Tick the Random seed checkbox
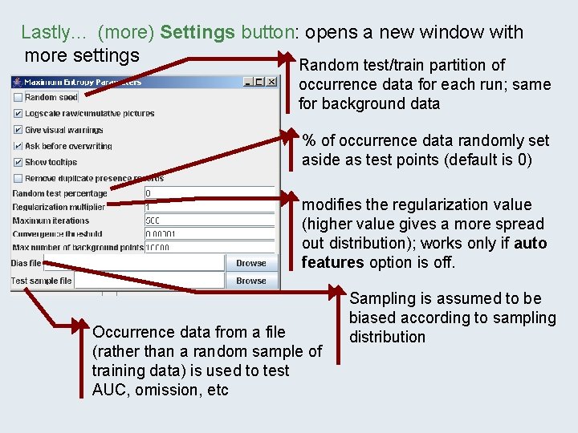point(18,98)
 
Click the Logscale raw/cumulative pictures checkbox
point(18,114)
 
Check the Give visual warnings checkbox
point(18,130)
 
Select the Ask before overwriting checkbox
point(18,146)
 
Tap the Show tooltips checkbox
point(18,162)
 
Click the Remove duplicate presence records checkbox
point(18,178)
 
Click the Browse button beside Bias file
point(250,263)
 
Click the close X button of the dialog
point(271,82)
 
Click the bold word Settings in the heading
point(197,33)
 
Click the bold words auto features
point(424,253)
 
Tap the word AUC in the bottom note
point(109,390)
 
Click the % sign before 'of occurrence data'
point(308,140)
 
